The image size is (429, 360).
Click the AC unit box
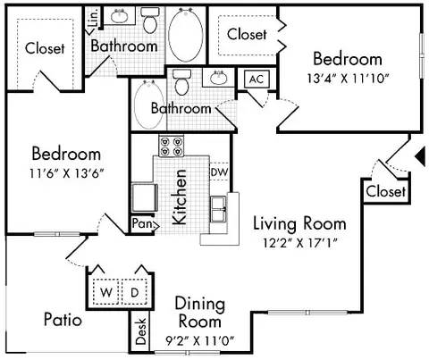click(257, 79)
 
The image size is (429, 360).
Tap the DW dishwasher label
click(219, 172)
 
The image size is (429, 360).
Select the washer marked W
click(106, 292)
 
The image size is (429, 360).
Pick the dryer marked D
click(135, 292)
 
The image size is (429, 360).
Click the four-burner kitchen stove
click(172, 146)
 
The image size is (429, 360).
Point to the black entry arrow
click(421, 156)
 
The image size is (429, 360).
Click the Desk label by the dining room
click(141, 331)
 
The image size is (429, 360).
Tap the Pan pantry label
click(142, 223)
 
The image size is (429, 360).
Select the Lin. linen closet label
click(94, 18)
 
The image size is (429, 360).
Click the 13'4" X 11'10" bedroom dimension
click(348, 79)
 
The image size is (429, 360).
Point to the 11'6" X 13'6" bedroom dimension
click(66, 173)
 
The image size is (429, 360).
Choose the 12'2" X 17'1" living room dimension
click(300, 243)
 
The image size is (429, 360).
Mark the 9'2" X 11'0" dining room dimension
click(200, 340)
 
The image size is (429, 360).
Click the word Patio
click(63, 320)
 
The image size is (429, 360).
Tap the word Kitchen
click(180, 197)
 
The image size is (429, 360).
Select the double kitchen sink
click(219, 209)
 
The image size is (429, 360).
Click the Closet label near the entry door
click(386, 191)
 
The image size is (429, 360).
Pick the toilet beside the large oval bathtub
click(149, 21)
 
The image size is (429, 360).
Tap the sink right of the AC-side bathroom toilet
click(219, 78)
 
